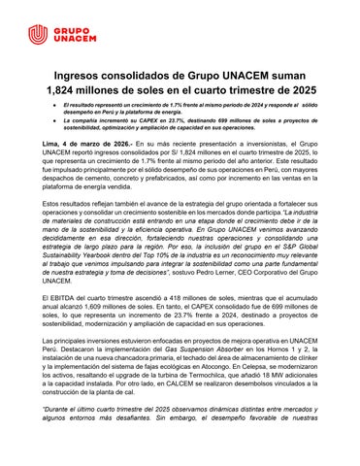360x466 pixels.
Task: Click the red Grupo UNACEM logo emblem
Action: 37,34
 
